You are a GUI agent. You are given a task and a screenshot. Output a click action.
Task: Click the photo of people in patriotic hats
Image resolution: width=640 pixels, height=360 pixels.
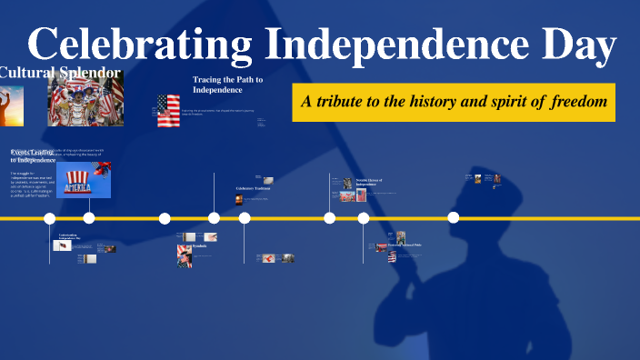click(x=85, y=100)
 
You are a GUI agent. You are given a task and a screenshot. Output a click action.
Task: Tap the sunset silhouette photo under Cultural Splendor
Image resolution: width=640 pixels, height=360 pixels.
click(x=11, y=105)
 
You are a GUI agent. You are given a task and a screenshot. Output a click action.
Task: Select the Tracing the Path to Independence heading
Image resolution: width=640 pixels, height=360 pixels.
click(x=227, y=85)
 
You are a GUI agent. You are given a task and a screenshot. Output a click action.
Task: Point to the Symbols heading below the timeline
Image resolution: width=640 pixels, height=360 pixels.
click(x=199, y=246)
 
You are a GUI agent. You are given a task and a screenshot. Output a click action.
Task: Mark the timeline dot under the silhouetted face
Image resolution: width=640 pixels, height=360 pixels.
click(x=454, y=217)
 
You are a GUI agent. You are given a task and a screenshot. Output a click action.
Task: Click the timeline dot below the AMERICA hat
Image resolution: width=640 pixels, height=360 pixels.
click(x=89, y=218)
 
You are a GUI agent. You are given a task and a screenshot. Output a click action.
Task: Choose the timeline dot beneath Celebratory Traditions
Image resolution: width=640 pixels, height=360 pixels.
click(x=245, y=218)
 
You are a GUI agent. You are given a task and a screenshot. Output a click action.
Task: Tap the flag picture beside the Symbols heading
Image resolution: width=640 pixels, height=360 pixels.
click(x=184, y=255)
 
